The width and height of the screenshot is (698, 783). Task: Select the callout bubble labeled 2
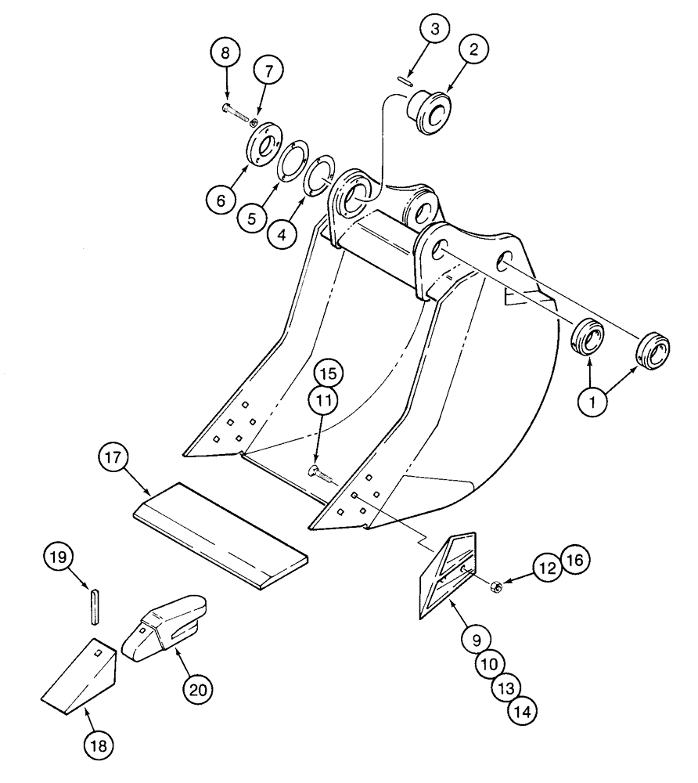click(x=473, y=49)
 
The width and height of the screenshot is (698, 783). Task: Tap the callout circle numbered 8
click(x=225, y=54)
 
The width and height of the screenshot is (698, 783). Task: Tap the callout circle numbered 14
click(x=523, y=711)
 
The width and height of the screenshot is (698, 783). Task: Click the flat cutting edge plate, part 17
click(x=221, y=532)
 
